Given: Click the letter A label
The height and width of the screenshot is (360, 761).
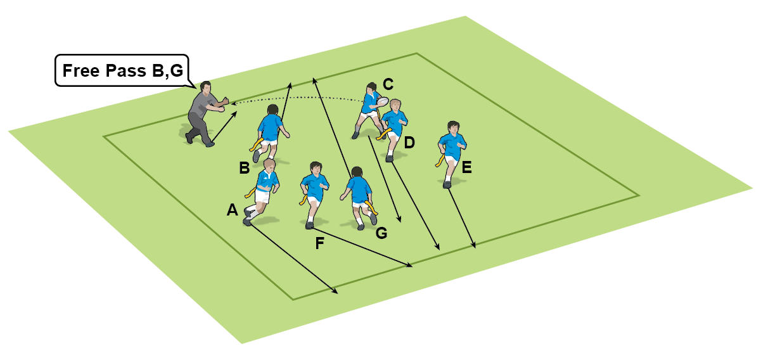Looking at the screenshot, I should point(232,210).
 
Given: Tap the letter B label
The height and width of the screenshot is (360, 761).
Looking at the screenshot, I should point(244,168).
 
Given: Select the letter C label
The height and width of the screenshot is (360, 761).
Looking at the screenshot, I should point(388,83).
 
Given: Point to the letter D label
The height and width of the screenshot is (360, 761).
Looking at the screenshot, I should point(409,143).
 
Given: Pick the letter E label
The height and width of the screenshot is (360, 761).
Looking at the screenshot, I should point(467,167).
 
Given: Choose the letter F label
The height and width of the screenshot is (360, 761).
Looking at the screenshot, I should point(321,242).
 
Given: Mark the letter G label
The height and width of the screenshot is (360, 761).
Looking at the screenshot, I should point(381,233).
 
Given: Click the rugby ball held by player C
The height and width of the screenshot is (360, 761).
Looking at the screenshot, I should point(381,101).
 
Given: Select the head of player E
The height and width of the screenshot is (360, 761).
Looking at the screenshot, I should point(452,127).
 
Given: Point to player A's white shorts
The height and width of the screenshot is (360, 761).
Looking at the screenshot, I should point(261,197).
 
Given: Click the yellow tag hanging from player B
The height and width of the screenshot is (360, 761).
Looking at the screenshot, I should point(257,144).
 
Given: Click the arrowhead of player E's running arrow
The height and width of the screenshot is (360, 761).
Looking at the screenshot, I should point(475,245).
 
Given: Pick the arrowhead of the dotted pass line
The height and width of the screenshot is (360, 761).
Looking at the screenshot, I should point(232,102).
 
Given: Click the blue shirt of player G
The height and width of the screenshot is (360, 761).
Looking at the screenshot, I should point(359,188).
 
